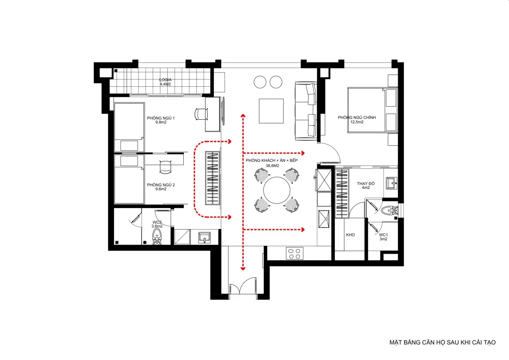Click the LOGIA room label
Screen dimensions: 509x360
pos(165,80)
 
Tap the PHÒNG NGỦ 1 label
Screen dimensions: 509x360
pos(161,118)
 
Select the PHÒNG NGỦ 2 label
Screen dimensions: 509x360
pos(161,185)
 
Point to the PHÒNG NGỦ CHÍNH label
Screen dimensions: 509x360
pos(357,117)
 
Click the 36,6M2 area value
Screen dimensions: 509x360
pos(272,166)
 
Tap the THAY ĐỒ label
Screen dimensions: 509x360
pos(365,183)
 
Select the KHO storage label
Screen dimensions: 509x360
pos(350,235)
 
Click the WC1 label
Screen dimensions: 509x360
pos(383,235)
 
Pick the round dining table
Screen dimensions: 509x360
pos(276,190)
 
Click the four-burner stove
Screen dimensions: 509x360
pos(295,253)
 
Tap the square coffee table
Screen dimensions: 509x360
pos(271,111)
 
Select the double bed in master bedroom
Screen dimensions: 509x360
pos(373,110)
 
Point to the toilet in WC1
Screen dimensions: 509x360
pos(390,210)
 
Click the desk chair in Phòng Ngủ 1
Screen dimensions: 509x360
pos(201,114)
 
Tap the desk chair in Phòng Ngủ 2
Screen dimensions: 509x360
pos(165,167)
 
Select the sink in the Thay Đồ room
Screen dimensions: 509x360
pos(392,183)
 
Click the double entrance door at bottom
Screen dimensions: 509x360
pos(243,286)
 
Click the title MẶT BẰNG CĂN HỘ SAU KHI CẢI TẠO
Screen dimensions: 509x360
pos(443,342)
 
